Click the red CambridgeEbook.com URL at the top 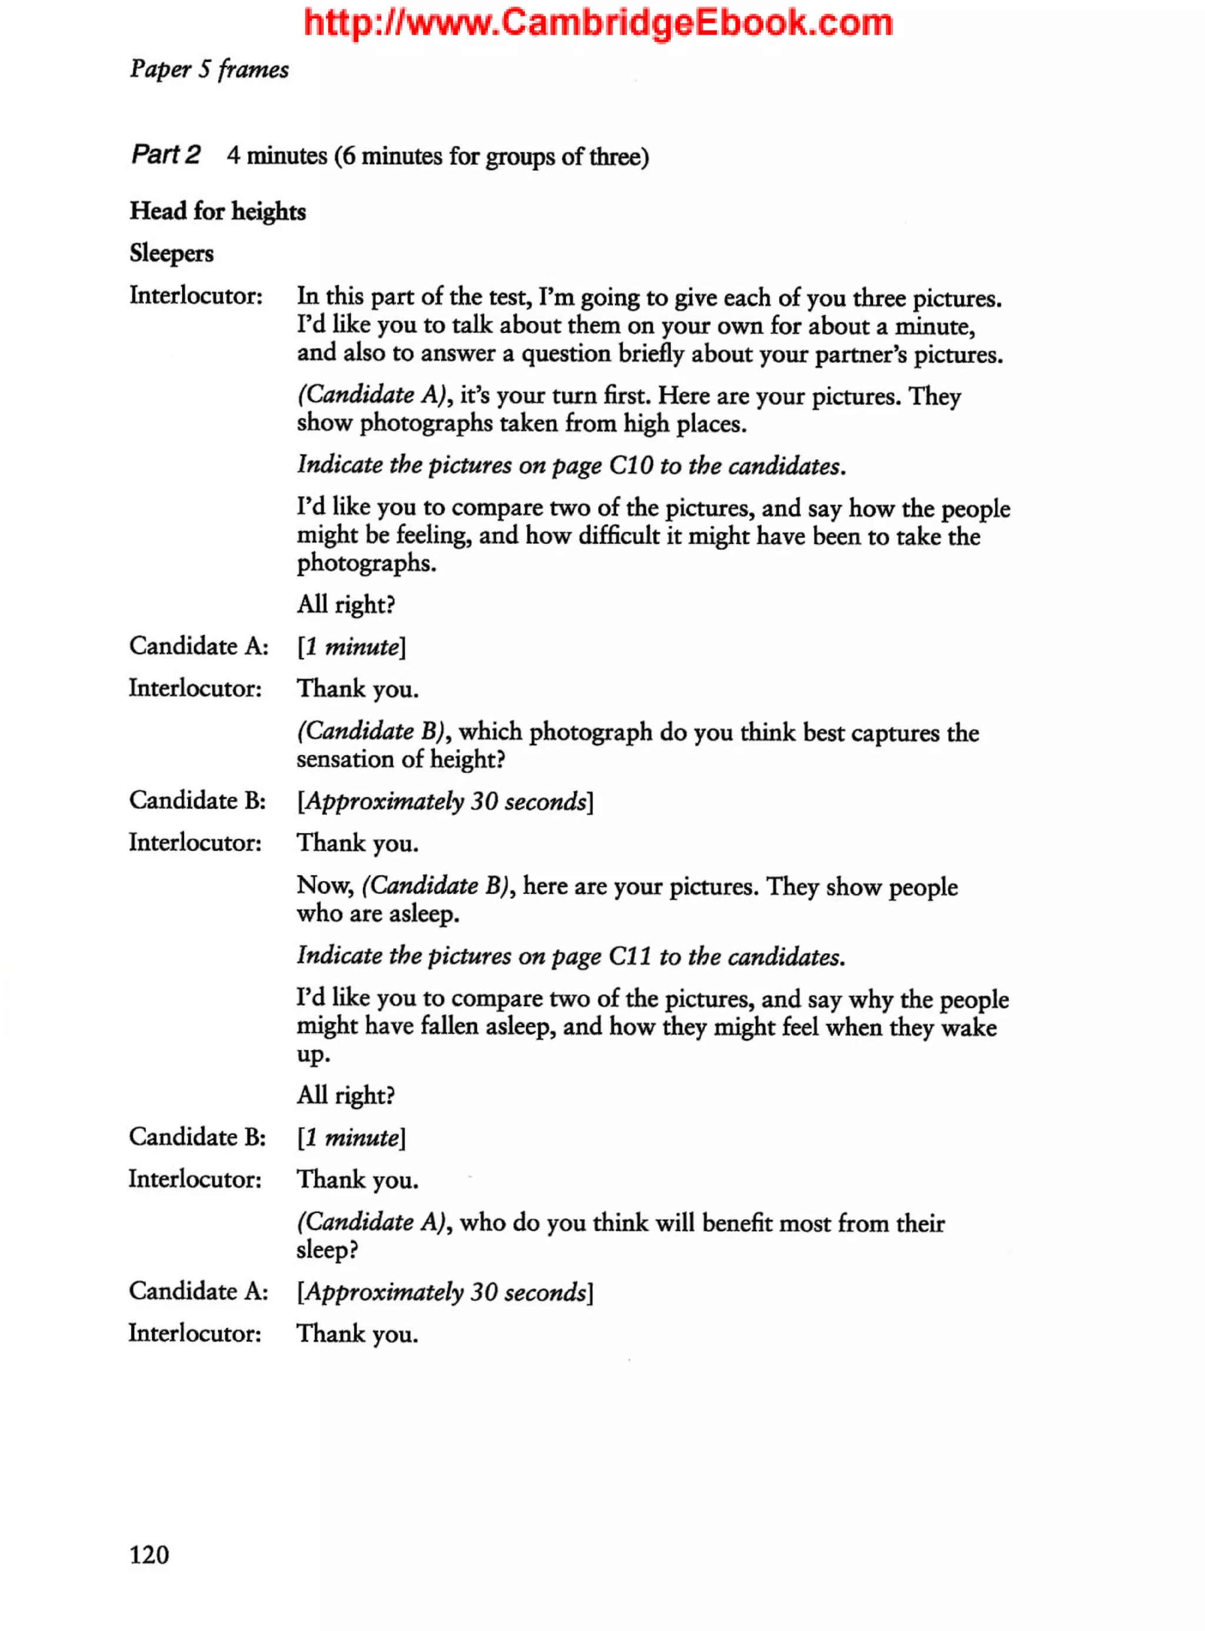point(598,22)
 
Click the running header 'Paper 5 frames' point(209,69)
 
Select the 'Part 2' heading point(165,155)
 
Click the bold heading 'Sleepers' point(171,253)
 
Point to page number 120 point(149,1554)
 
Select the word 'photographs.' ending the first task point(366,563)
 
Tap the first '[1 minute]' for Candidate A point(351,646)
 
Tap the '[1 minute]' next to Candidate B point(351,1138)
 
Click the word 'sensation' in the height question point(345,760)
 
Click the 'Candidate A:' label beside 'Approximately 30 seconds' point(198,1291)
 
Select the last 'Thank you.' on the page point(357,1334)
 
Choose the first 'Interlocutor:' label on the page point(195,295)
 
